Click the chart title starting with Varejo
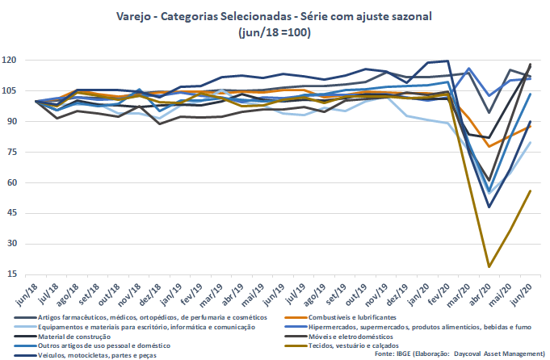[x=275, y=16]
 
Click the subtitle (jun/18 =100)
[x=275, y=32]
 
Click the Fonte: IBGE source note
[x=460, y=354]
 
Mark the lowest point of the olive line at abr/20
[x=489, y=266]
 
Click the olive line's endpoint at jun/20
[x=531, y=190]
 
